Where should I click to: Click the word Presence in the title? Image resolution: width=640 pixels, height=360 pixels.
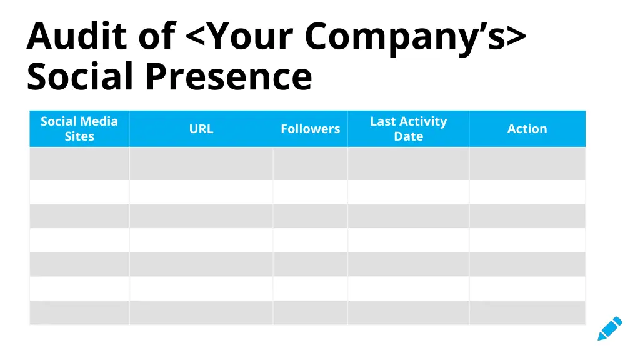229,77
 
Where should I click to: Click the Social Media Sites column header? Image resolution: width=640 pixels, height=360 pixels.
79,129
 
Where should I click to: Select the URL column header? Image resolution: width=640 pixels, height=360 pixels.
201,129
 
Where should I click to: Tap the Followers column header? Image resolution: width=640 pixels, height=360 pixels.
310,129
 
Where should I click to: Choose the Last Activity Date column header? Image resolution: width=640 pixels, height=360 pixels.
408,129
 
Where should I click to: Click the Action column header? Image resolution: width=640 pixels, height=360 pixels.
527,129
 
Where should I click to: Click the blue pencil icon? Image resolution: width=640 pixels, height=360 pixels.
609,328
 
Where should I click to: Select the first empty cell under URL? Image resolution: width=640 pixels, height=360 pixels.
201,164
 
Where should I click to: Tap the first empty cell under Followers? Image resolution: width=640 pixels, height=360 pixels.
310,164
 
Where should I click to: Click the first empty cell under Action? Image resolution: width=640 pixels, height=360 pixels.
527,164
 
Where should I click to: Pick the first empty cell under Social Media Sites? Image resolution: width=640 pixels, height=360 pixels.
79,164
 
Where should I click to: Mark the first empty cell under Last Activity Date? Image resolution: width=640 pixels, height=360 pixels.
408,164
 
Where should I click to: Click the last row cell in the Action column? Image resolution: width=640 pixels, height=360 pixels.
527,312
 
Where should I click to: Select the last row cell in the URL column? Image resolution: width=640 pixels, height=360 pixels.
201,312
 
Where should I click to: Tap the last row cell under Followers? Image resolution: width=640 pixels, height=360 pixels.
310,312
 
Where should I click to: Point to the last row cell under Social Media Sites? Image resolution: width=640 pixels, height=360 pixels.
79,312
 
